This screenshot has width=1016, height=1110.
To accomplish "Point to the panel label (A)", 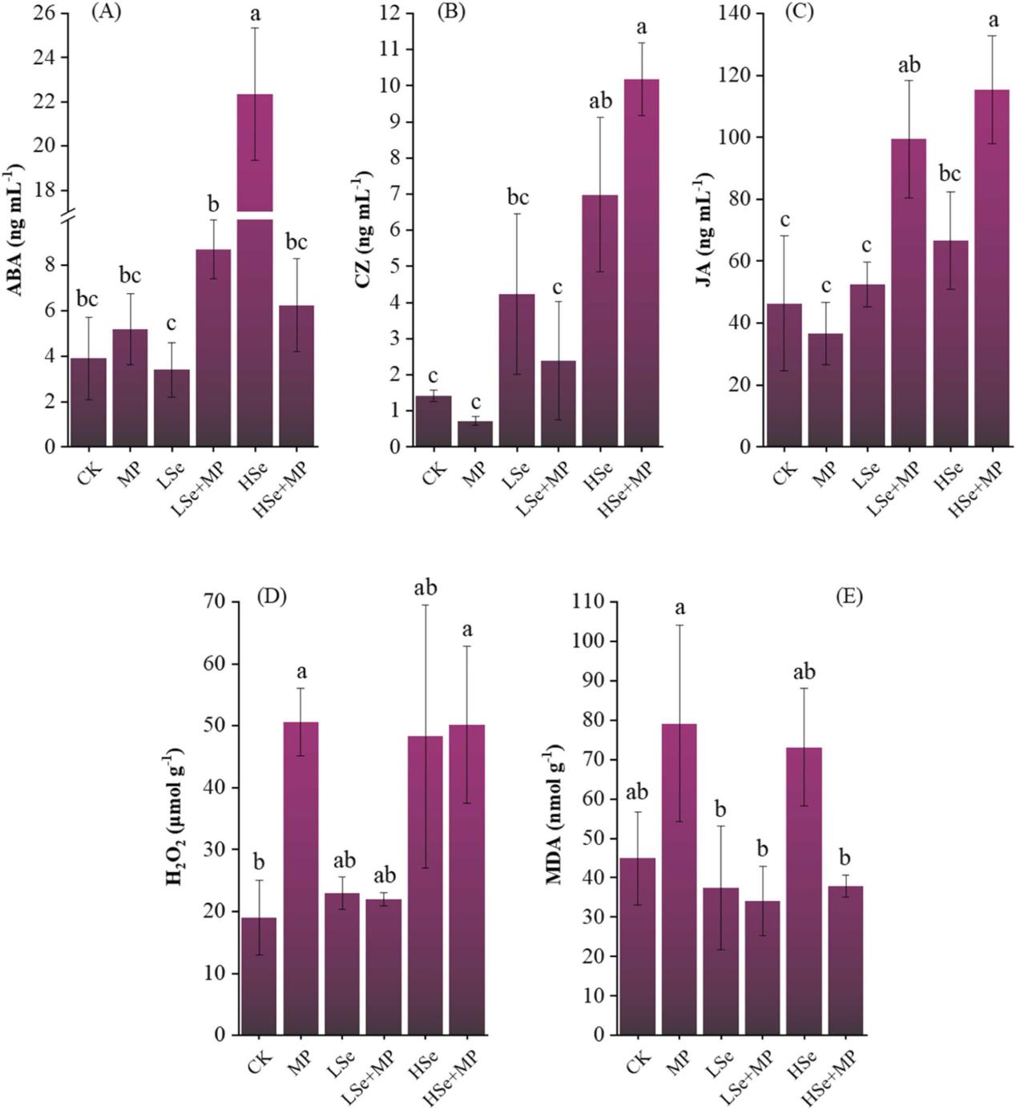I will click(107, 12).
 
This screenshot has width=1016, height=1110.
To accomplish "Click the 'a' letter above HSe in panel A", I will click(254, 13).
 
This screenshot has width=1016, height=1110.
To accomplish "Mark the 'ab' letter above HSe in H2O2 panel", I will click(425, 589).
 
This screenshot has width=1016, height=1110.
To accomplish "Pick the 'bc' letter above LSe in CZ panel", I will click(518, 198).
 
